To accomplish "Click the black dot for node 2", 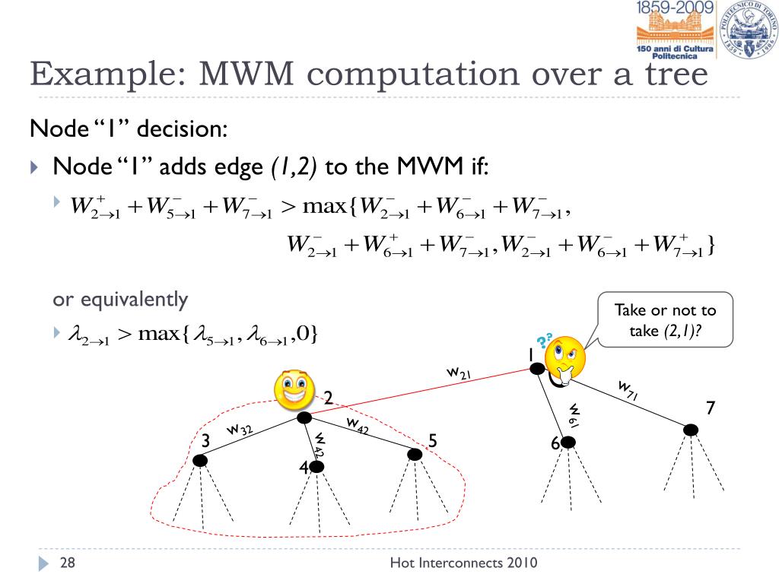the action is [x=304, y=417].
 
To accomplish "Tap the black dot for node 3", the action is [x=200, y=460].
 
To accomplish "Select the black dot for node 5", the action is [x=415, y=454].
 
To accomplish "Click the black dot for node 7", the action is [x=690, y=430].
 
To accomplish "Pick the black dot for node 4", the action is [x=317, y=467].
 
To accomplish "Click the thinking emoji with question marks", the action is [x=564, y=356].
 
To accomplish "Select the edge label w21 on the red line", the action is [x=459, y=373].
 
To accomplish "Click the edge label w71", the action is [x=628, y=391].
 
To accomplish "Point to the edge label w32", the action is [x=240, y=430].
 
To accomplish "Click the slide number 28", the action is [x=68, y=563].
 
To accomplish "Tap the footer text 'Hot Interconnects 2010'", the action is [x=463, y=563].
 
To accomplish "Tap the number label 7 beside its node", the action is [x=711, y=408].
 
